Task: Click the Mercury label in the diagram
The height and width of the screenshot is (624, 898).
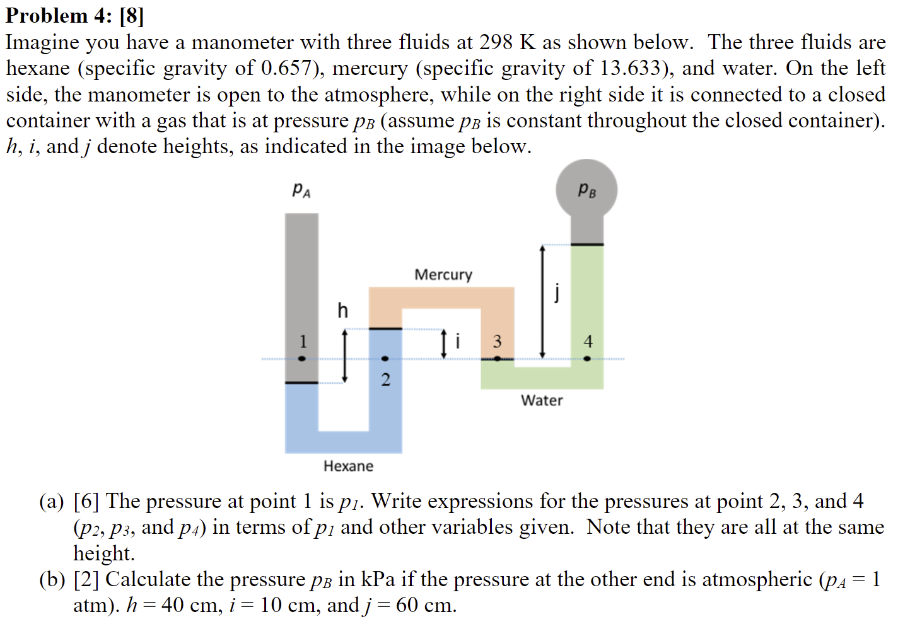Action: click(443, 275)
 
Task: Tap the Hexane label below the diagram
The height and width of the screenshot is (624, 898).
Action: click(348, 466)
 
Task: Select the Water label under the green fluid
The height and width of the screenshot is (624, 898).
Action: click(542, 400)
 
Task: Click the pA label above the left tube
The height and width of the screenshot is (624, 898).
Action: click(301, 190)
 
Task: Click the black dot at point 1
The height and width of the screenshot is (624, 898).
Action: click(302, 359)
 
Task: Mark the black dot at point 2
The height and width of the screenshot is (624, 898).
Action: click(385, 359)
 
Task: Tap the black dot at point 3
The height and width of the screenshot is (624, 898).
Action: click(498, 359)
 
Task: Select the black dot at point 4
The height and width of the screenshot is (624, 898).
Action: click(587, 359)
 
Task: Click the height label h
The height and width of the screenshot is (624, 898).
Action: click(342, 310)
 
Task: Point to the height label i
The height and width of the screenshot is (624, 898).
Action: click(458, 341)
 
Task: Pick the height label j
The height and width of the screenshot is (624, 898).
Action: click(557, 292)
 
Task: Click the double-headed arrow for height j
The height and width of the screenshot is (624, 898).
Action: click(542, 301)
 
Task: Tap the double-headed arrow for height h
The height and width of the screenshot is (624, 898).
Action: click(344, 356)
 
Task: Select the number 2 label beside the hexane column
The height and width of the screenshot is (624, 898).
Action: click(386, 379)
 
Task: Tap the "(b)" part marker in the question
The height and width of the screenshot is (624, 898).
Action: click(52, 579)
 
